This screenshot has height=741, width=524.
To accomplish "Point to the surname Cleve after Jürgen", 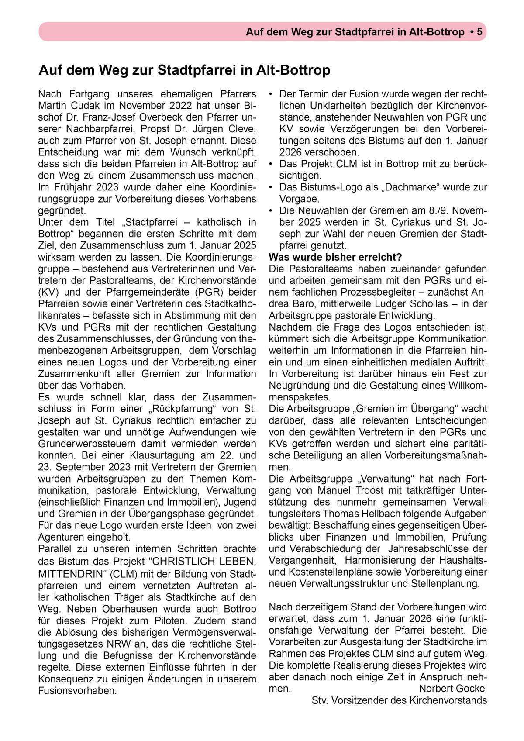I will point(240,129).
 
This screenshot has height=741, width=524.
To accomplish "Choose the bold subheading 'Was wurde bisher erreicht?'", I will point(335,257).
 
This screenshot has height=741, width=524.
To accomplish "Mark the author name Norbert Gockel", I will point(452,689).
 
